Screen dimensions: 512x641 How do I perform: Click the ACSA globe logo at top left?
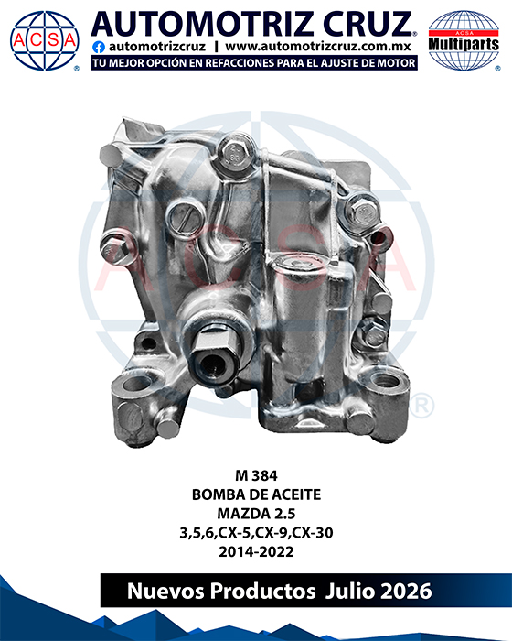[x=45, y=40]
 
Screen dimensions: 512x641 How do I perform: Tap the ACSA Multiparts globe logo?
[x=464, y=40]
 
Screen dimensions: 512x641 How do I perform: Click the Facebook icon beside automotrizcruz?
[x=99, y=48]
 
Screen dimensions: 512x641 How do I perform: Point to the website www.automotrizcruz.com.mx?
[x=317, y=46]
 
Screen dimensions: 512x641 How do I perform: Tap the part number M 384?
[x=256, y=475]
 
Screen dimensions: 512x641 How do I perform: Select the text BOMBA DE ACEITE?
[x=256, y=494]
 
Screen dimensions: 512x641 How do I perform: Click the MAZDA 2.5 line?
[x=256, y=514]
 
